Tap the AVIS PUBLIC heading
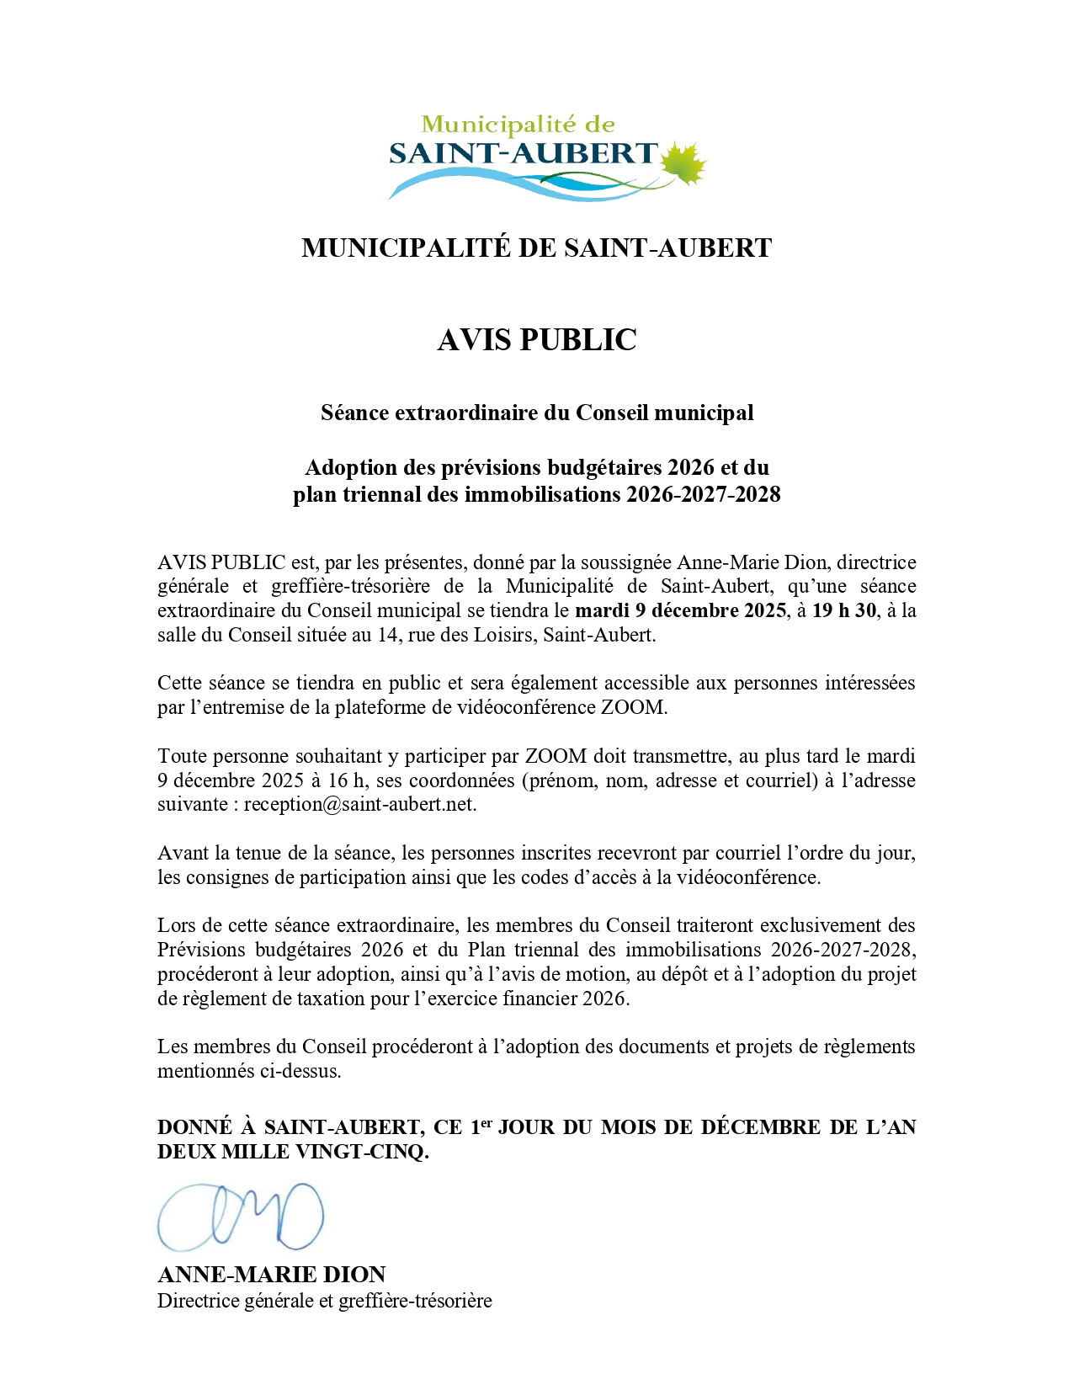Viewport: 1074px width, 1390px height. [x=537, y=339]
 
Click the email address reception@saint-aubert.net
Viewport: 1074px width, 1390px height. [x=359, y=804]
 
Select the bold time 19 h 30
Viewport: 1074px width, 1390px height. [x=843, y=610]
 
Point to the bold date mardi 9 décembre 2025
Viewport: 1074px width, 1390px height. [x=680, y=610]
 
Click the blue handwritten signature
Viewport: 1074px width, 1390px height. [x=241, y=1217]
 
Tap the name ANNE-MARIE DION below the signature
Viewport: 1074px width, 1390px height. [x=272, y=1274]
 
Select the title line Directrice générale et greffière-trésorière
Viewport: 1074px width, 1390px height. [x=324, y=1301]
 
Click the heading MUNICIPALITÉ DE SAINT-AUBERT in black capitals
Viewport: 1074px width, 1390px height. [x=537, y=248]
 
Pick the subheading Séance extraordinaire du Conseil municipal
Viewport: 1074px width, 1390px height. [x=537, y=413]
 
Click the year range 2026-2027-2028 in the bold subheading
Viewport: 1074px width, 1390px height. [x=703, y=494]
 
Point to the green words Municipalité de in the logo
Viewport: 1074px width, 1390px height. [x=518, y=125]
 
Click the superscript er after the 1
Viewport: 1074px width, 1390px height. [x=486, y=1122]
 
